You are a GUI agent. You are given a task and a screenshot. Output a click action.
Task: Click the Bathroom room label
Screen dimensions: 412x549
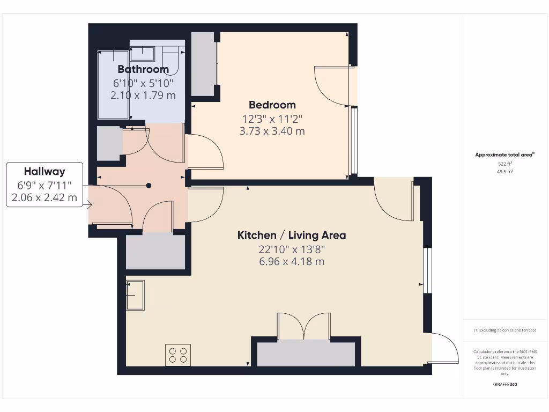pyautogui.click(x=143, y=69)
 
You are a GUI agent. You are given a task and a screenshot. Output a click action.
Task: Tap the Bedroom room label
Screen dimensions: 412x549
pyautogui.click(x=272, y=105)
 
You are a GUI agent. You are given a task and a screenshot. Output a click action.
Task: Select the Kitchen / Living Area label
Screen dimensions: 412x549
pyautogui.click(x=292, y=235)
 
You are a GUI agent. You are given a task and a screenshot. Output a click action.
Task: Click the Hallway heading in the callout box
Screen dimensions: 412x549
pyautogui.click(x=44, y=172)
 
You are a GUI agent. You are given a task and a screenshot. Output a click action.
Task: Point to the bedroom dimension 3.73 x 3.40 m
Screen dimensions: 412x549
pyautogui.click(x=272, y=130)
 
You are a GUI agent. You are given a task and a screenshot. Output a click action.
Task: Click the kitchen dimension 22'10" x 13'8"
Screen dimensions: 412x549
pyautogui.click(x=292, y=249)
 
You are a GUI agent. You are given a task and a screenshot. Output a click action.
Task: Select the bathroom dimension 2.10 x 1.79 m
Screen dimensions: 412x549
pyautogui.click(x=143, y=95)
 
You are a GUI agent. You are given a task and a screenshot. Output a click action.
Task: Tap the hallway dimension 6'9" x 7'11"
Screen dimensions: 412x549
pyautogui.click(x=44, y=186)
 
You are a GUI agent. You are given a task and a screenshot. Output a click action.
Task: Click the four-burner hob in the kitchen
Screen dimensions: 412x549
pyautogui.click(x=178, y=355)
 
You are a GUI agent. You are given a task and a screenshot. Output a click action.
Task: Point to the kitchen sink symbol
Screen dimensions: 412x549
pyautogui.click(x=135, y=295)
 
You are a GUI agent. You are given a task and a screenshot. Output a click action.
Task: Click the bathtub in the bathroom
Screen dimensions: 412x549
pyautogui.click(x=113, y=84)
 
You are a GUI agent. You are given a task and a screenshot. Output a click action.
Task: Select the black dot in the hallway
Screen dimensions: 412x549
pyautogui.click(x=149, y=186)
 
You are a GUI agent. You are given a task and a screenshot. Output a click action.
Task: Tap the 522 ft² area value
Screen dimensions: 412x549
pyautogui.click(x=505, y=164)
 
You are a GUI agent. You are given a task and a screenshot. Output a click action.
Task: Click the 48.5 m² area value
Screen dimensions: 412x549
pyautogui.click(x=505, y=172)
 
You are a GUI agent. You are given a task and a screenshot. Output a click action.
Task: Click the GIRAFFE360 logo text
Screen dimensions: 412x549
pyautogui.click(x=505, y=384)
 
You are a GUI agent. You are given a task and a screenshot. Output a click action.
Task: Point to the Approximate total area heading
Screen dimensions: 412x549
pyautogui.click(x=505, y=155)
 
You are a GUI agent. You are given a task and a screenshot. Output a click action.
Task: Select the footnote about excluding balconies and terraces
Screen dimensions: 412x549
pyautogui.click(x=505, y=330)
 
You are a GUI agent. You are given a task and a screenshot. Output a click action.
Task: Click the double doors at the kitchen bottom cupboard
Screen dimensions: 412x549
pyautogui.click(x=303, y=326)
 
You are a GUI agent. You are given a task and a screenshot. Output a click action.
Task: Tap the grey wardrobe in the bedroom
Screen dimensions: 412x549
pyautogui.click(x=203, y=64)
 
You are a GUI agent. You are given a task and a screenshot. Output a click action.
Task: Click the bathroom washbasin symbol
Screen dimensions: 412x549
pyautogui.click(x=143, y=54)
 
